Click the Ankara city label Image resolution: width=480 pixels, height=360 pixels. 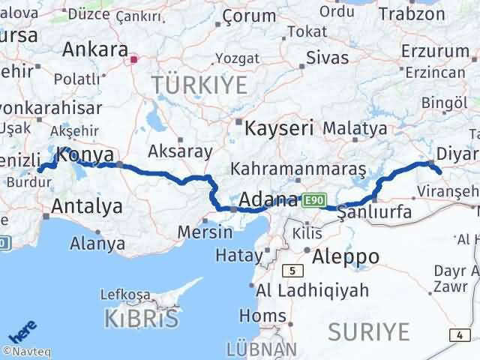94,49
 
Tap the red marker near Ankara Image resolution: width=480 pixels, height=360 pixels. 134,59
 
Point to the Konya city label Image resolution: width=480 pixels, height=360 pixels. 85,156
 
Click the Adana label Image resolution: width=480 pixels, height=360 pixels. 269,200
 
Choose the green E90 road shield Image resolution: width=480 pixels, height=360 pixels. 313,201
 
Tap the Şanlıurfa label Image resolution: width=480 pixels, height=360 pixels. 375,213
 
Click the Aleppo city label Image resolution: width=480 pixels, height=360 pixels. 346,256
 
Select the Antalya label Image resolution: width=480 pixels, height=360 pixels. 87,206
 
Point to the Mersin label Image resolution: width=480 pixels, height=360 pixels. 205,232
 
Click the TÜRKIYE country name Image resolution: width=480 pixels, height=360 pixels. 199,85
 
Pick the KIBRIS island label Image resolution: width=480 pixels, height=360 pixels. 142,318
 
